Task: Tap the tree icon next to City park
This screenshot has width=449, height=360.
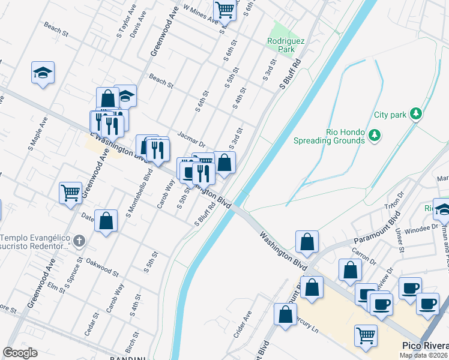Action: [415, 114]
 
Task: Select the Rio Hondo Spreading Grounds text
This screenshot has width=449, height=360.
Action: [329, 137]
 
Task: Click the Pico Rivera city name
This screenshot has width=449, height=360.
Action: [424, 347]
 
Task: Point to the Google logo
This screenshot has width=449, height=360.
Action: [20, 353]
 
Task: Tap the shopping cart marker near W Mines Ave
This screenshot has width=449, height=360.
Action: [224, 10]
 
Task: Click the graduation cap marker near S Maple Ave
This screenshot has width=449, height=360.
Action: [43, 73]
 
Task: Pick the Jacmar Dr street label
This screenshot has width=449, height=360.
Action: [191, 140]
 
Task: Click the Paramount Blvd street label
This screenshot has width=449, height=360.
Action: [376, 232]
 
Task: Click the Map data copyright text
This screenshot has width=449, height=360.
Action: [423, 355]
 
